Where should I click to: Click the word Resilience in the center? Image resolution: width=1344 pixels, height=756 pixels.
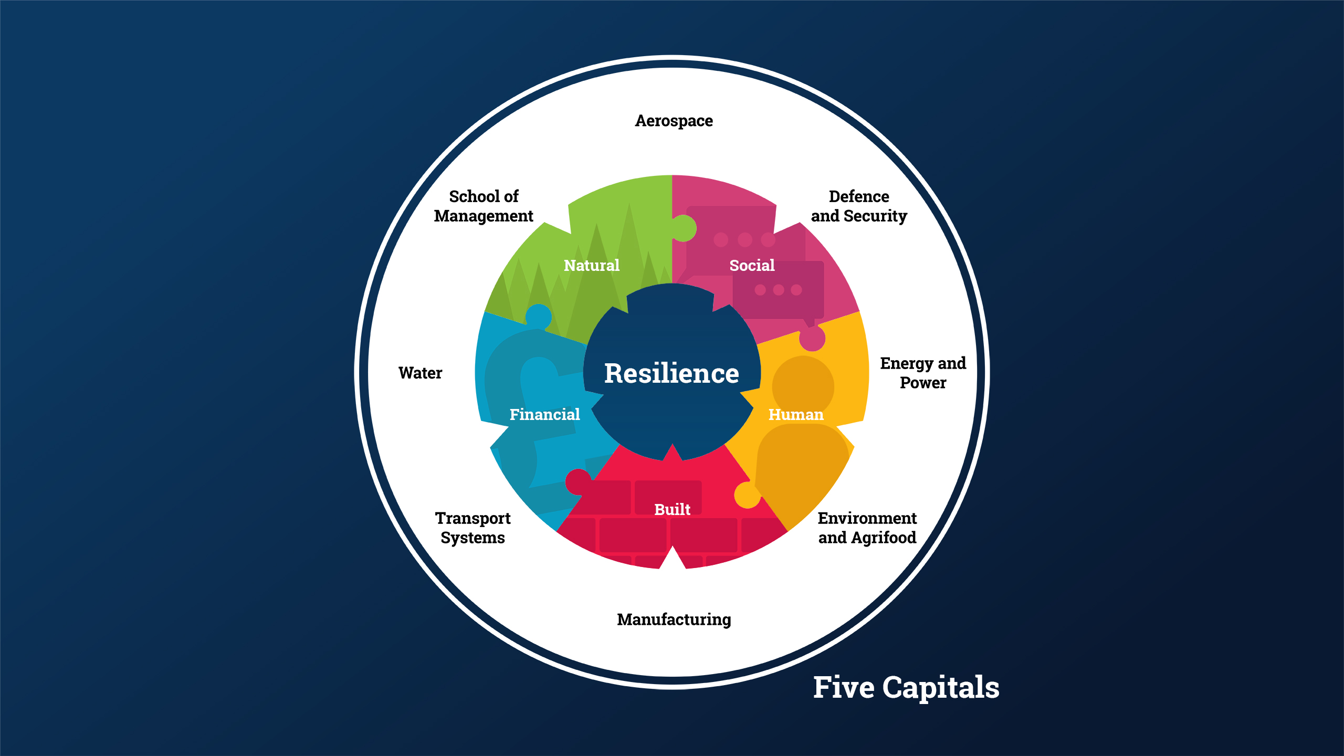[671, 373]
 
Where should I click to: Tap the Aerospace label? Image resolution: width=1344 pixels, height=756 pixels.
[674, 121]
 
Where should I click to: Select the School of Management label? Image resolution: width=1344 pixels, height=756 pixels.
[484, 206]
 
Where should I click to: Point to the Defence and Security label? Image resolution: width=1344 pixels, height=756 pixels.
[859, 206]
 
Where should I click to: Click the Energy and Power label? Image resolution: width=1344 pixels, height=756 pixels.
[923, 373]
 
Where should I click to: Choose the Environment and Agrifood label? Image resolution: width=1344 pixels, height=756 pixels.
[867, 528]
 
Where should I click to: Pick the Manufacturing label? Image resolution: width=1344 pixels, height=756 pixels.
[674, 619]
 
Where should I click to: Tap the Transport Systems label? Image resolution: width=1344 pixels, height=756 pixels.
[472, 528]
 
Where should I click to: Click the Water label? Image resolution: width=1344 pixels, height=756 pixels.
[420, 373]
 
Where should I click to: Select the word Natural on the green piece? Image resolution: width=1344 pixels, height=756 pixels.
[592, 265]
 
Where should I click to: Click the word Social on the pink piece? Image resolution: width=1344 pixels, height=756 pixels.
[752, 265]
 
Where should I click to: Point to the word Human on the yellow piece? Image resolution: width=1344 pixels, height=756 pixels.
[796, 414]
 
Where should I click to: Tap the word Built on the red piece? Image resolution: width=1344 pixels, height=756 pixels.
[672, 509]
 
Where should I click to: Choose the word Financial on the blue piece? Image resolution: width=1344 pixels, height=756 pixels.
[544, 414]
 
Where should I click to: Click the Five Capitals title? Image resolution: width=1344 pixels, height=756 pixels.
[906, 687]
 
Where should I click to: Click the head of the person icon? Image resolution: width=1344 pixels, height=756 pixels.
[803, 386]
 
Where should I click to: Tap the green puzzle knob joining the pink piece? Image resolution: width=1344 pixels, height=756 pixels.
[684, 228]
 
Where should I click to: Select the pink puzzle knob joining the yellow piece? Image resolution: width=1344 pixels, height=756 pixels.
[812, 339]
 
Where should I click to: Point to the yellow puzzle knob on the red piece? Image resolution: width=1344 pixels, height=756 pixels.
[747, 495]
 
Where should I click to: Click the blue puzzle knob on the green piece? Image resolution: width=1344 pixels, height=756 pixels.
[539, 317]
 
